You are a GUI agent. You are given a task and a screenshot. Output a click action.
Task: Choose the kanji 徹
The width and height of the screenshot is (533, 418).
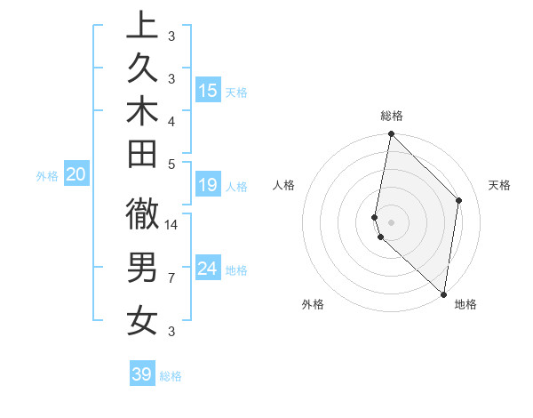click(x=141, y=215)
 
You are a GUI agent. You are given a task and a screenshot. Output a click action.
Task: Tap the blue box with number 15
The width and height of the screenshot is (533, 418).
click(x=208, y=91)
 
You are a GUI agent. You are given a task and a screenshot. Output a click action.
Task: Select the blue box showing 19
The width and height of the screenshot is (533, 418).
click(x=208, y=185)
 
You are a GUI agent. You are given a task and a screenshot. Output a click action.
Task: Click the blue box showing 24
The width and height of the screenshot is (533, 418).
click(x=208, y=269)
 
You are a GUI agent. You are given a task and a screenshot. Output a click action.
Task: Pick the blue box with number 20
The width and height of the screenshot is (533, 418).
click(x=76, y=175)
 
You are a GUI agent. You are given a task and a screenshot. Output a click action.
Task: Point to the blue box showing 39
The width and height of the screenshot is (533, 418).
click(x=141, y=374)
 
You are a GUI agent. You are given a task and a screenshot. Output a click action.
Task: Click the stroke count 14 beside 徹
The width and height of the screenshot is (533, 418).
click(x=171, y=225)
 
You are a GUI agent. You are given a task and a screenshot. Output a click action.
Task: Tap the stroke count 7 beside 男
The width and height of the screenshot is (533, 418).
click(x=171, y=278)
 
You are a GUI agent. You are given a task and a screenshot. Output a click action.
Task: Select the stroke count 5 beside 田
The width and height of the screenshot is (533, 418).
click(x=171, y=163)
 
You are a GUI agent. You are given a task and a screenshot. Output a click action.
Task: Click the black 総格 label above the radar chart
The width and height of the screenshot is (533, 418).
click(x=392, y=116)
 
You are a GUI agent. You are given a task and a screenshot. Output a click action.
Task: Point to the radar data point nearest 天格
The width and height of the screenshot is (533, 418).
click(x=459, y=200)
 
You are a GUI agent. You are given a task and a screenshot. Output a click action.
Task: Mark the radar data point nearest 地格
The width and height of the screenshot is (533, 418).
click(x=442, y=294)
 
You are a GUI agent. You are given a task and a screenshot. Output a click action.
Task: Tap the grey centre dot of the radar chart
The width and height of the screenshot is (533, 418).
click(x=392, y=221)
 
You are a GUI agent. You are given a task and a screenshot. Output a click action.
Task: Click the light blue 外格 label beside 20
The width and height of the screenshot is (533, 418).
click(x=47, y=176)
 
